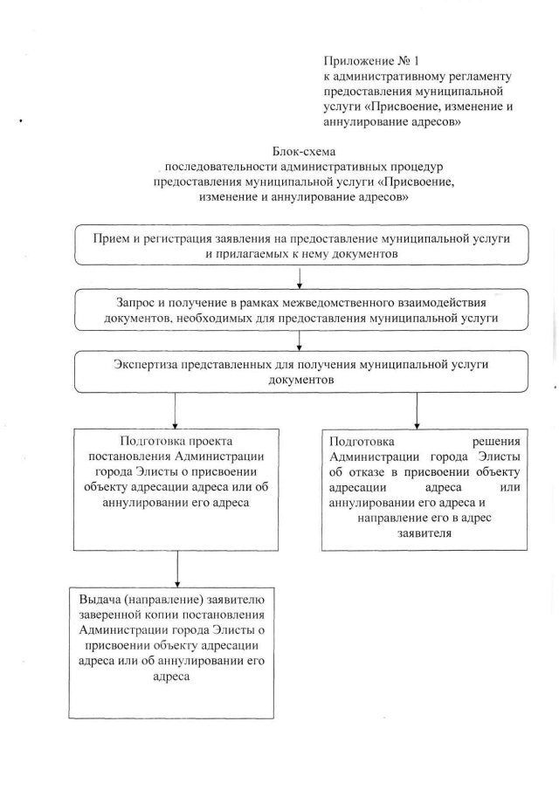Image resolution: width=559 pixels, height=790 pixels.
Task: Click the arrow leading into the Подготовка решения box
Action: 417,411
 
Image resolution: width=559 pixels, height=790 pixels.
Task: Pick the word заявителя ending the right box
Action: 422,535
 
